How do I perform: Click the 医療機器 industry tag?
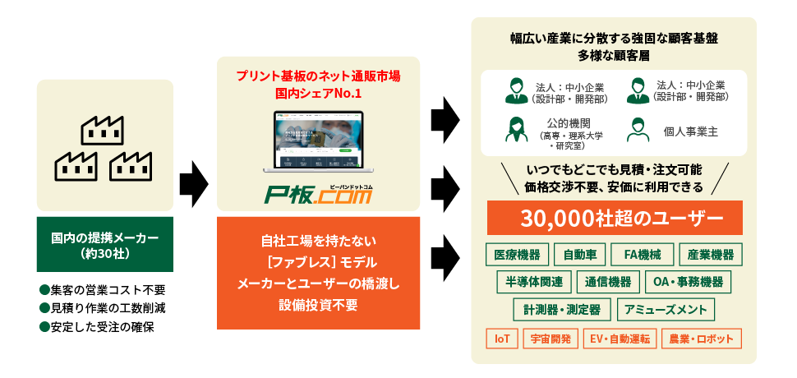[x=517, y=255]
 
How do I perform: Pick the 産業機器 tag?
[x=711, y=255]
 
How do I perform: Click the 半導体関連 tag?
[x=534, y=282]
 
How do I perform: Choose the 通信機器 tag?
[x=608, y=282]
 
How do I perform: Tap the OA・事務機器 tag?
[x=688, y=282]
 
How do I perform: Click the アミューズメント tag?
[x=666, y=310]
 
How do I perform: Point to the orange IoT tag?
[x=502, y=339]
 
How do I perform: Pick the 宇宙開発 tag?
[x=551, y=339]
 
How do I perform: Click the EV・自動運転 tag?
[x=620, y=339]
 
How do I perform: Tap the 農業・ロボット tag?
[x=702, y=339]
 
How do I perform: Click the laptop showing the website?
[x=318, y=141]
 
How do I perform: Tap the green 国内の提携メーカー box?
[x=104, y=244]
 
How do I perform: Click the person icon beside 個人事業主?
[x=638, y=130]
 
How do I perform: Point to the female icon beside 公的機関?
[x=516, y=130]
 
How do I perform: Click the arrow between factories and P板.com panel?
[x=194, y=183]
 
